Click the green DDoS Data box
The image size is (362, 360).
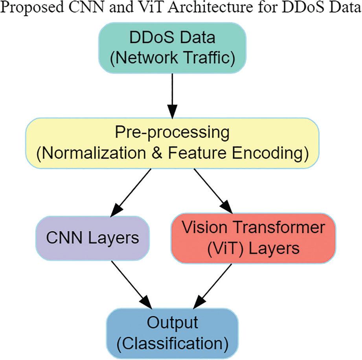click(x=172, y=48)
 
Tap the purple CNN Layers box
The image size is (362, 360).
click(x=92, y=238)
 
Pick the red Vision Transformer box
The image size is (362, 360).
click(x=254, y=238)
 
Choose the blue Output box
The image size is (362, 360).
click(x=172, y=332)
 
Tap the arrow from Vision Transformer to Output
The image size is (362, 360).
click(x=212, y=285)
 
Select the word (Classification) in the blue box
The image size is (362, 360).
click(x=172, y=343)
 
